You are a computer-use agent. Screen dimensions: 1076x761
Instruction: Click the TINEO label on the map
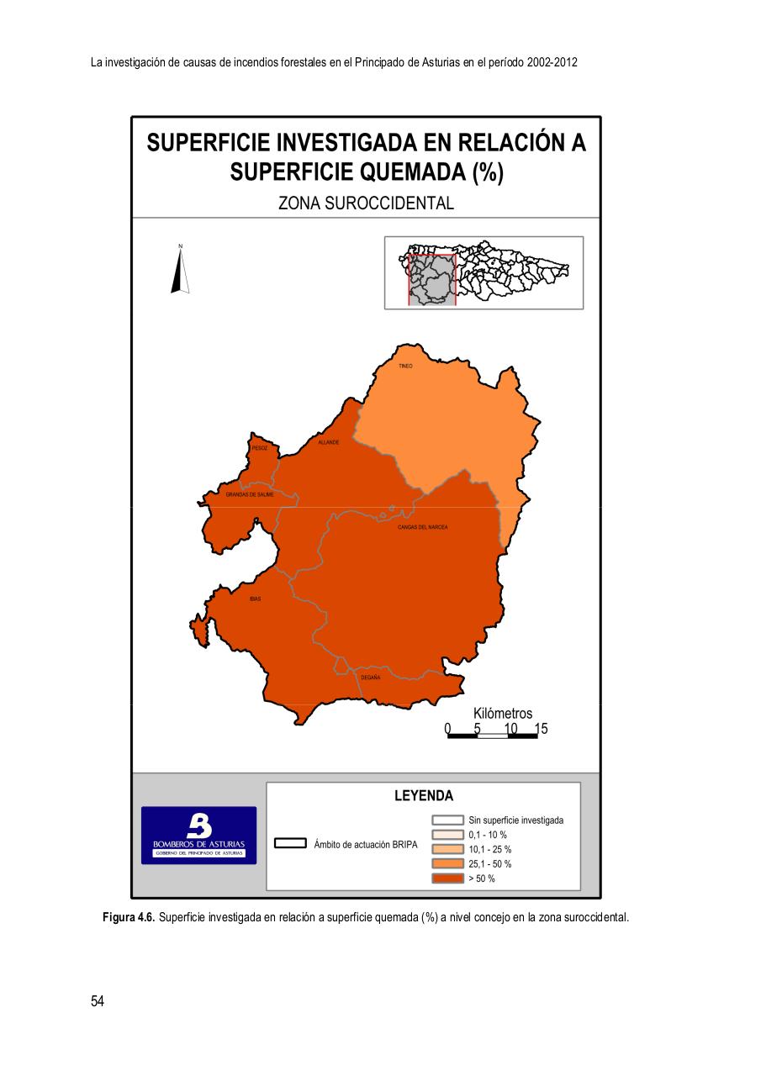tap(405, 367)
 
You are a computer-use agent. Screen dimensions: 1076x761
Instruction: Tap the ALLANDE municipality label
tap(328, 442)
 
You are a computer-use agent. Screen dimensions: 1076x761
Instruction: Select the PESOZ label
tap(260, 449)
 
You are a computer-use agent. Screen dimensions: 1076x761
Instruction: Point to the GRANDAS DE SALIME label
tap(250, 495)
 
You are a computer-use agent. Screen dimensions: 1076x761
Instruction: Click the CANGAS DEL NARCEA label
tap(422, 527)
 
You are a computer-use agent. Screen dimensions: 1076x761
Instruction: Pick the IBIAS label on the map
tap(255, 599)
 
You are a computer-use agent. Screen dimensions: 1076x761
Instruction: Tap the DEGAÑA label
tap(371, 677)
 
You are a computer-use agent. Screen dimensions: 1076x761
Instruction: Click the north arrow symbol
tap(180, 269)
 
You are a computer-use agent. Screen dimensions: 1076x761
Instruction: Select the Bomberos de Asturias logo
tap(198, 836)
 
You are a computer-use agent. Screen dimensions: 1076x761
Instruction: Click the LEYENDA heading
tap(424, 796)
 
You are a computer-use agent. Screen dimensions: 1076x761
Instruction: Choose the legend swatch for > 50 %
tap(448, 878)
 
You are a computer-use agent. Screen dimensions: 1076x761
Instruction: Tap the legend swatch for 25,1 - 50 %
tap(448, 864)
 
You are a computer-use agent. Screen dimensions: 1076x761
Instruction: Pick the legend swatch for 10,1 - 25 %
tap(448, 849)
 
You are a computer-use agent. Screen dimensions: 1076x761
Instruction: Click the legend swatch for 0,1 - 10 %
tap(448, 835)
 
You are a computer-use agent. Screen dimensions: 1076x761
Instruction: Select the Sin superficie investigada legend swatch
tap(448, 820)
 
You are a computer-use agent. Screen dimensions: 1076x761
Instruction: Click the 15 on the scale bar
tap(541, 729)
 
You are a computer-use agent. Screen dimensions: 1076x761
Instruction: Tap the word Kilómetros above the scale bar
tap(503, 714)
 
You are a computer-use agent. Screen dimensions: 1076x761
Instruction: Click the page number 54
tap(98, 1001)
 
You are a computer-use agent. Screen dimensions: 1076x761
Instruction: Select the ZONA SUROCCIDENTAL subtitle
tap(366, 203)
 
